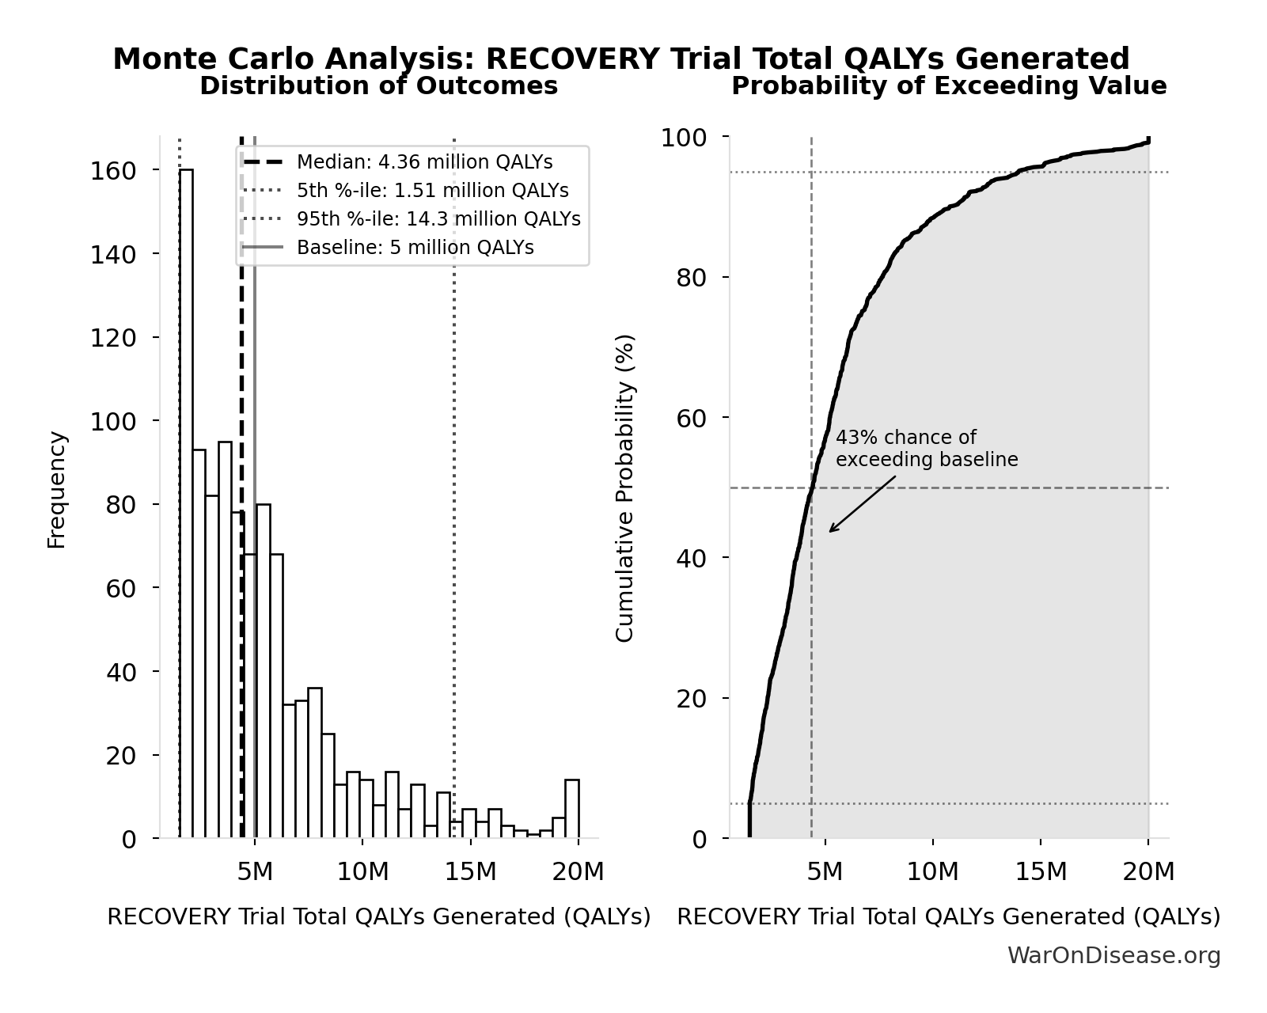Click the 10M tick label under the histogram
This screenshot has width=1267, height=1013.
coord(362,872)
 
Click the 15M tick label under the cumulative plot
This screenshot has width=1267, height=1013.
coord(1041,872)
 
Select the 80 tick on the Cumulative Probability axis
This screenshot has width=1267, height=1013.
coord(691,278)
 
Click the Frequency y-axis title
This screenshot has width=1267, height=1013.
coord(56,489)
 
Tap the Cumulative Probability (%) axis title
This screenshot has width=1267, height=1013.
coord(624,488)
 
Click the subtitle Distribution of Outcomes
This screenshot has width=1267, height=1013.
coord(378,85)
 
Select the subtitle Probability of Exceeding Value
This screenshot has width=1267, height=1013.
coord(948,85)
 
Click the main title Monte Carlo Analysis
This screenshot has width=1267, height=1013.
coord(620,59)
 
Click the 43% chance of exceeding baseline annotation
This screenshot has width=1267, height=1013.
coord(926,449)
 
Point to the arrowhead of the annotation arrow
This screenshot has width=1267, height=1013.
coord(830,531)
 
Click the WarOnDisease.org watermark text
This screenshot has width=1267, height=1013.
coord(1113,955)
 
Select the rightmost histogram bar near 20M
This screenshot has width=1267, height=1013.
coord(571,809)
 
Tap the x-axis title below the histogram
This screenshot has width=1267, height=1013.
coord(378,916)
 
